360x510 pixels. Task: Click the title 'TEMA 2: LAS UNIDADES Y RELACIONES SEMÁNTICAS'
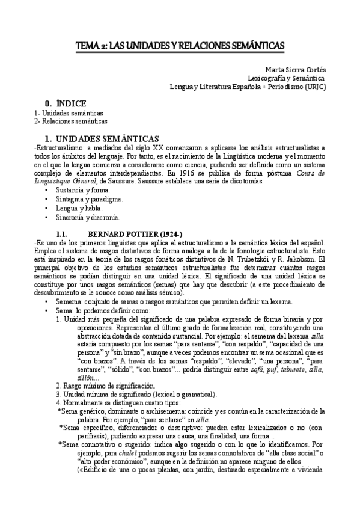coord(180,46)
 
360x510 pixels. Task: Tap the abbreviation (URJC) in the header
coord(313,86)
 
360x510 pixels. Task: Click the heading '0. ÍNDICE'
coord(66,103)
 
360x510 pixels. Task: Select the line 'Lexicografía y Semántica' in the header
coord(287,78)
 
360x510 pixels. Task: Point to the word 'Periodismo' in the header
coord(278,86)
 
